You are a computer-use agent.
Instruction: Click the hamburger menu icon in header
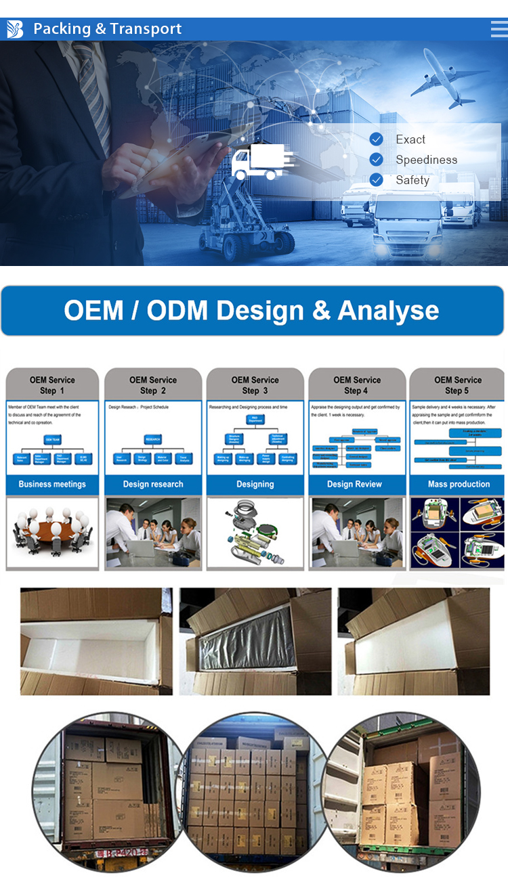click(499, 29)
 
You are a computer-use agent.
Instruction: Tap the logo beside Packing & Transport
click(15, 29)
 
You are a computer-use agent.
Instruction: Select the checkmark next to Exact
click(377, 139)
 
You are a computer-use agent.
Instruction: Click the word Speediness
click(426, 160)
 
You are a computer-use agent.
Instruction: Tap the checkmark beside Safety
click(377, 180)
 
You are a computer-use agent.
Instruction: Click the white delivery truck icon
click(261, 162)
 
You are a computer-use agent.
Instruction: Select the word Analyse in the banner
click(388, 311)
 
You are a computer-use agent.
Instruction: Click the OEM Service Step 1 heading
click(52, 385)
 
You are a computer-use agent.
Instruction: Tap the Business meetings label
click(52, 485)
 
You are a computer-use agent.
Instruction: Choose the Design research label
click(153, 485)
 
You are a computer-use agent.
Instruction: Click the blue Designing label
click(255, 485)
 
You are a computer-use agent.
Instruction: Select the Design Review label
click(354, 485)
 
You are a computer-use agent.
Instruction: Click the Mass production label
click(459, 485)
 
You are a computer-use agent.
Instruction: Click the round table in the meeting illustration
click(51, 531)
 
